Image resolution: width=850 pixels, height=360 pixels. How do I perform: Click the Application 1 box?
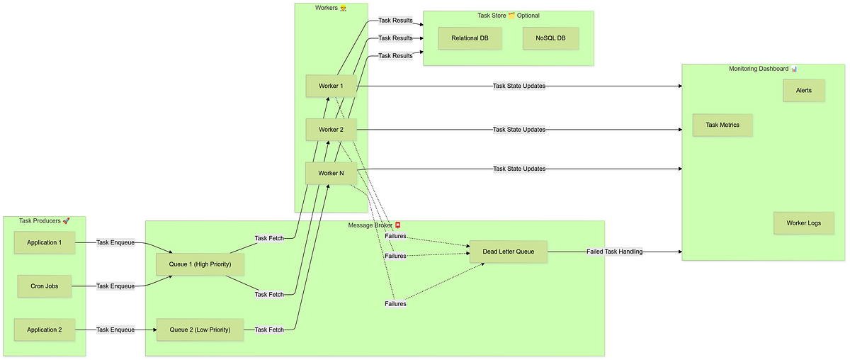tap(44, 242)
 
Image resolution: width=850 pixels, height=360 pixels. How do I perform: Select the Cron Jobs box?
tap(44, 286)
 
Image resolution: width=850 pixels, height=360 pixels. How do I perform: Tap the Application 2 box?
tap(44, 330)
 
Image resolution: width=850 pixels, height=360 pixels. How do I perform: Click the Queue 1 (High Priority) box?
tap(199, 264)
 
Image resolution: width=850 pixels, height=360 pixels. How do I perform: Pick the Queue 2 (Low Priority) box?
tap(199, 330)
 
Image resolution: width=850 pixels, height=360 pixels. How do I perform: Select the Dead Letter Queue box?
tap(509, 252)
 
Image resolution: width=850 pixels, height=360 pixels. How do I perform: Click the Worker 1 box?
tap(331, 86)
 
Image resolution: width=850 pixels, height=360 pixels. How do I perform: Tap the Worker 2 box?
tap(331, 130)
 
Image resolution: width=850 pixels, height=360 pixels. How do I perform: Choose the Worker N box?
tap(331, 173)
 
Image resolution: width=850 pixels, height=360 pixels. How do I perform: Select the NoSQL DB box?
tap(550, 38)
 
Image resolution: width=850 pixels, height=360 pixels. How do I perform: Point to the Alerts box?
tap(804, 90)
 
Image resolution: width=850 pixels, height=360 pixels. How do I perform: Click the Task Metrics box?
tap(722, 125)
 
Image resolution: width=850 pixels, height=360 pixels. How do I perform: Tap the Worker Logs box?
tap(803, 223)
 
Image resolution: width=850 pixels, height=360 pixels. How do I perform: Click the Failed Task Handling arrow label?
tap(614, 252)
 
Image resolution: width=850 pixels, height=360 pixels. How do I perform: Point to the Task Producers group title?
tap(44, 221)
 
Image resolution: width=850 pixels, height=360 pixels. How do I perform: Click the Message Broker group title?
tap(375, 225)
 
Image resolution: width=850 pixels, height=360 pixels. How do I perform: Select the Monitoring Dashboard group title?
tap(763, 69)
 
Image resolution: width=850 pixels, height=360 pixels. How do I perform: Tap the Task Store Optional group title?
tap(508, 16)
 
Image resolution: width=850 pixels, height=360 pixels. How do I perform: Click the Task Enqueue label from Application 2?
tap(115, 330)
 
